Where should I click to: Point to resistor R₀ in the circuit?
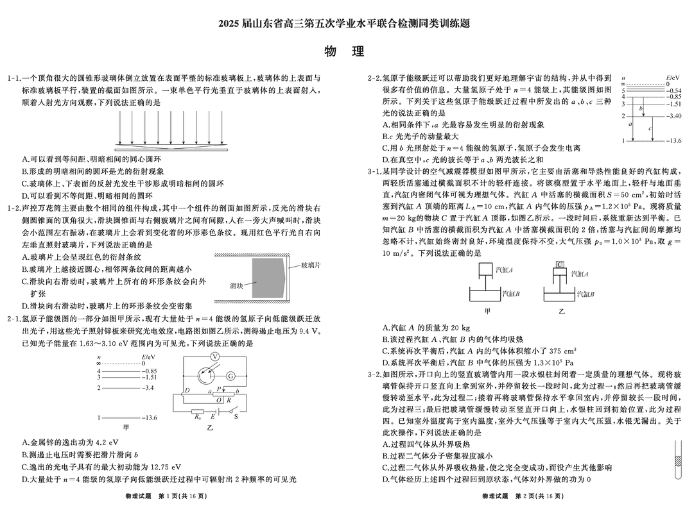[x=198, y=411]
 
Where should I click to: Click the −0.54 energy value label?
[x=673, y=91]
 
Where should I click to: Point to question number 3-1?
[x=375, y=172]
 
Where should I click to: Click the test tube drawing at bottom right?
[x=677, y=460]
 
